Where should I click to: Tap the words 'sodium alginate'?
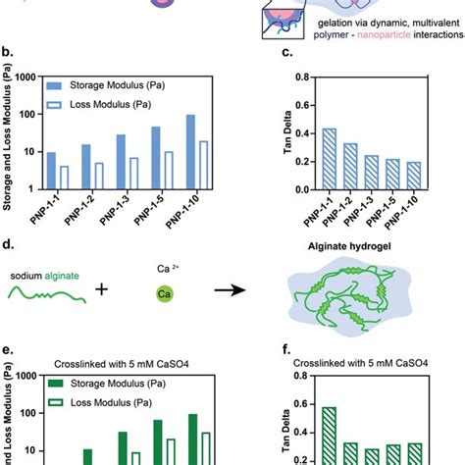[46, 278]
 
